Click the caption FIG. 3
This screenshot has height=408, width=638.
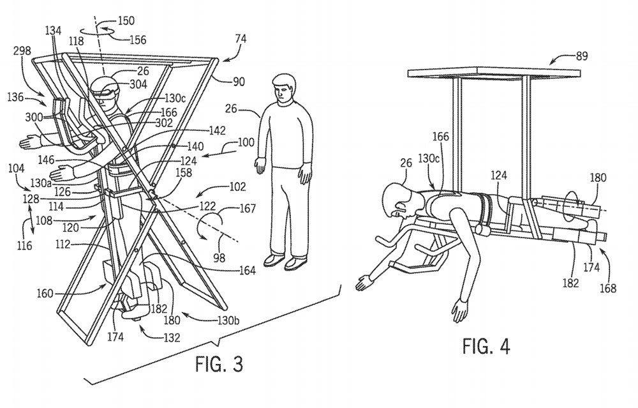(x=219, y=363)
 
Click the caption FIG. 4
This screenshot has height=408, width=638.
(x=486, y=346)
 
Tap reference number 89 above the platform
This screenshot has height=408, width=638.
(x=582, y=56)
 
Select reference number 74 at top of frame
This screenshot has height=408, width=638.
(x=241, y=39)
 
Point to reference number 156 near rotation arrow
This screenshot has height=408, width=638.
(x=138, y=40)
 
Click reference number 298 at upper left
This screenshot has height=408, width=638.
(x=22, y=51)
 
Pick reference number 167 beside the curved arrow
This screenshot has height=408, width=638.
(x=248, y=209)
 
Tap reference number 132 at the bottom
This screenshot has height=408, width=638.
(x=171, y=338)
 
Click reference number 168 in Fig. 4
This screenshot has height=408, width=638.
(x=608, y=289)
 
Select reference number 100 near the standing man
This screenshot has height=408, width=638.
(x=246, y=142)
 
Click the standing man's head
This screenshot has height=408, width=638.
(x=284, y=89)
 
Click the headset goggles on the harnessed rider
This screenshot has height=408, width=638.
(x=106, y=94)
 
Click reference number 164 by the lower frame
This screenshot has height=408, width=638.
(x=248, y=269)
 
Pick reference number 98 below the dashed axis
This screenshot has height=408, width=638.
(x=219, y=257)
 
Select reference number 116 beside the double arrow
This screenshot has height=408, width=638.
(x=24, y=245)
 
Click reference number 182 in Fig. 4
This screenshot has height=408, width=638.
(x=570, y=283)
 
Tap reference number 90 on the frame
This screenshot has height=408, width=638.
(x=239, y=82)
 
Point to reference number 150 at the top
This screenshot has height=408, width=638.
(x=126, y=20)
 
